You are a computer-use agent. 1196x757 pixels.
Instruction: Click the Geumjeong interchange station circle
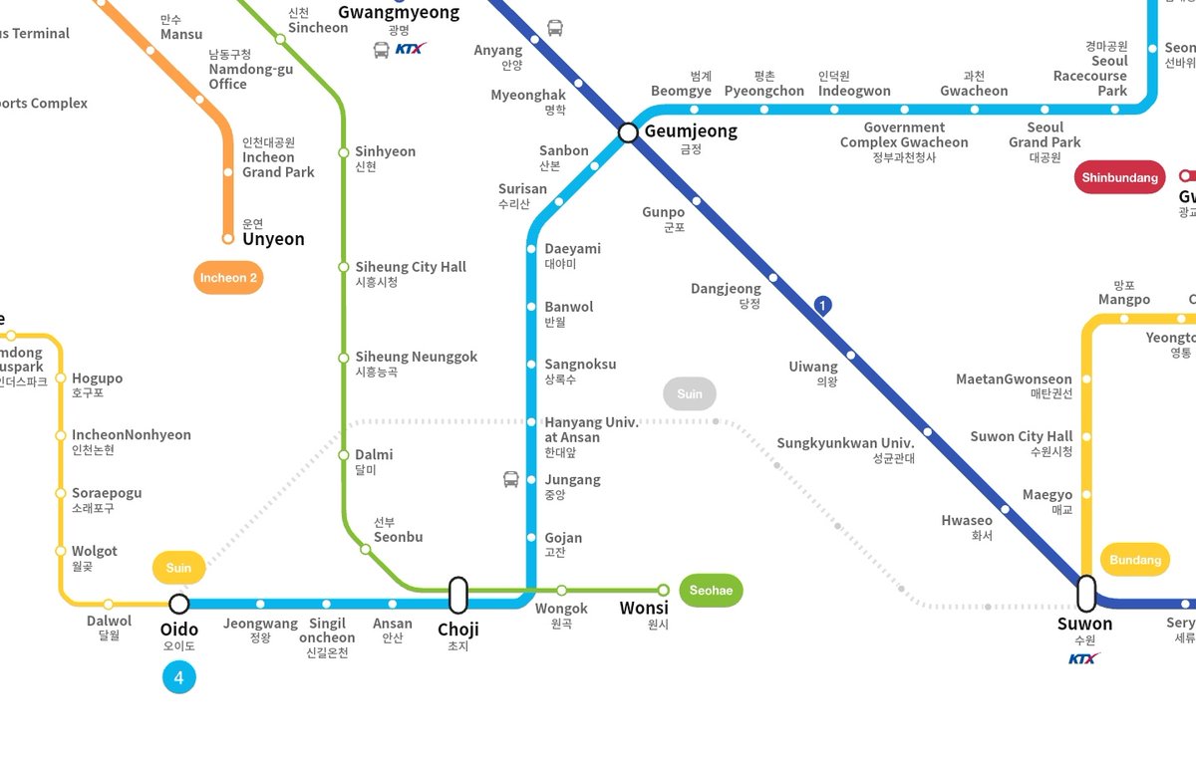pyautogui.click(x=628, y=132)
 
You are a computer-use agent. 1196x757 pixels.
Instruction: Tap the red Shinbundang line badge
pyautogui.click(x=1119, y=177)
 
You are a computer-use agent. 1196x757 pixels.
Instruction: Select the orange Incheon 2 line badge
pyautogui.click(x=228, y=278)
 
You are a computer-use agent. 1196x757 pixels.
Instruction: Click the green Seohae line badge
pyautogui.click(x=711, y=591)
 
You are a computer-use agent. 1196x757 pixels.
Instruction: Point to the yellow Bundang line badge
pyautogui.click(x=1135, y=560)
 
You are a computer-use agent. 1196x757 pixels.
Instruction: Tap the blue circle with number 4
pyautogui.click(x=179, y=678)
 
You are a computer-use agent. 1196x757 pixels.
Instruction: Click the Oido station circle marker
pyautogui.click(x=179, y=604)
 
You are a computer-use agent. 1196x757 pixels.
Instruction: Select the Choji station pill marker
pyautogui.click(x=458, y=595)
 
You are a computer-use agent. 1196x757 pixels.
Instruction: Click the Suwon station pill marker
pyautogui.click(x=1086, y=593)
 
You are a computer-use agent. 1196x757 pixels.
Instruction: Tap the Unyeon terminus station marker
pyautogui.click(x=228, y=239)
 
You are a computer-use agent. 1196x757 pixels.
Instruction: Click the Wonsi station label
pyautogui.click(x=644, y=609)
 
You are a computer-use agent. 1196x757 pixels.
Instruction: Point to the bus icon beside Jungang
pyautogui.click(x=511, y=480)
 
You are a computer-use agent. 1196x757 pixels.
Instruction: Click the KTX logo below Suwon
pyautogui.click(x=1084, y=658)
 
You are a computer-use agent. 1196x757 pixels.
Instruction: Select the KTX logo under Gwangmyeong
pyautogui.click(x=411, y=48)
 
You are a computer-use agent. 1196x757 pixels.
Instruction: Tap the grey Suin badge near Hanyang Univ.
pyautogui.click(x=690, y=393)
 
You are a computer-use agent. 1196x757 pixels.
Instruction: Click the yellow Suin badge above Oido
pyautogui.click(x=179, y=568)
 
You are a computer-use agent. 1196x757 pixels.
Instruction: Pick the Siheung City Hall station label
pyautogui.click(x=411, y=267)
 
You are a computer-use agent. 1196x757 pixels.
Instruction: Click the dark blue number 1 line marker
pyautogui.click(x=822, y=306)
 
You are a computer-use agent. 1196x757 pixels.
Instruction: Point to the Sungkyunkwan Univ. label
pyautogui.click(x=846, y=443)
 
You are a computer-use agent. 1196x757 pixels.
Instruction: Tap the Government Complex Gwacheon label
pyautogui.click(x=904, y=135)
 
